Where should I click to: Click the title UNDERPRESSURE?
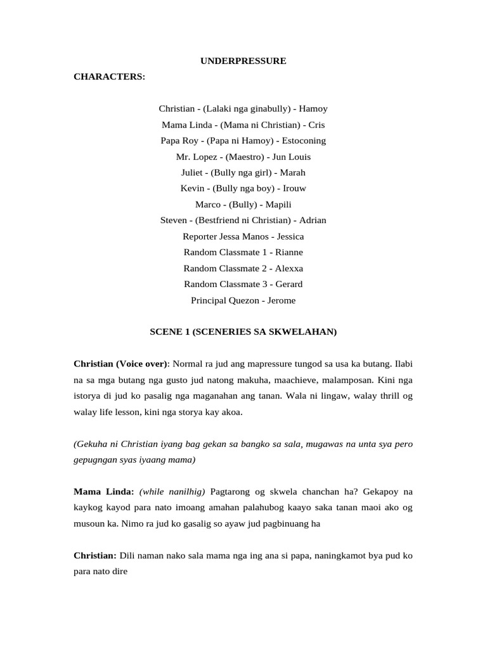[243, 61]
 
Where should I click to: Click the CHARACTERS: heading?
[109, 77]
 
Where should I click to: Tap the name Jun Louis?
[291, 157]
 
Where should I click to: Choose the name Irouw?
[292, 188]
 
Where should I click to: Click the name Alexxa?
[289, 268]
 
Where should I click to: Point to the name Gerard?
[289, 284]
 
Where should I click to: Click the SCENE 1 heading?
[243, 331]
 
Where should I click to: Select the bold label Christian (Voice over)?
[120, 364]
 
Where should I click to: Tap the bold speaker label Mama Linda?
[103, 492]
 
